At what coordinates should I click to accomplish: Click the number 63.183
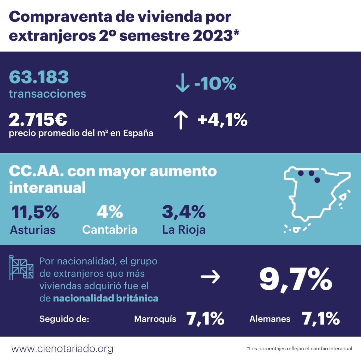pyautogui.click(x=39, y=77)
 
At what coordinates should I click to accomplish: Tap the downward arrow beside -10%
pyautogui.click(x=182, y=84)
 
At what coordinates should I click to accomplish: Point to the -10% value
pyautogui.click(x=215, y=83)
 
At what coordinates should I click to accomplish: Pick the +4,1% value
pyautogui.click(x=222, y=120)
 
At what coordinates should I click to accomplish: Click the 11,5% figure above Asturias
pyautogui.click(x=35, y=212)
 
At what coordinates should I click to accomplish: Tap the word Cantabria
pyautogui.click(x=110, y=230)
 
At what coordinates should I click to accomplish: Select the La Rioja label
pyautogui.click(x=184, y=230)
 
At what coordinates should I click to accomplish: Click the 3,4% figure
pyautogui.click(x=184, y=212)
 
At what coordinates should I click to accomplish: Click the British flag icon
pyautogui.click(x=21, y=267)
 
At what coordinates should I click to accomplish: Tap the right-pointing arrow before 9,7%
pyautogui.click(x=210, y=276)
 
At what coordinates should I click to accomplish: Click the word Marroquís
pyautogui.click(x=155, y=319)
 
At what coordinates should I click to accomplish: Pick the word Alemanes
pyautogui.click(x=270, y=319)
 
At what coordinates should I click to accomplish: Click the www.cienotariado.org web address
pyautogui.click(x=62, y=349)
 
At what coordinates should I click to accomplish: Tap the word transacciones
pyautogui.click(x=47, y=94)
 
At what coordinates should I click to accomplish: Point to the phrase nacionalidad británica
pyautogui.click(x=106, y=298)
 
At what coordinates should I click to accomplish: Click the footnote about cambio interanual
pyautogui.click(x=299, y=349)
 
